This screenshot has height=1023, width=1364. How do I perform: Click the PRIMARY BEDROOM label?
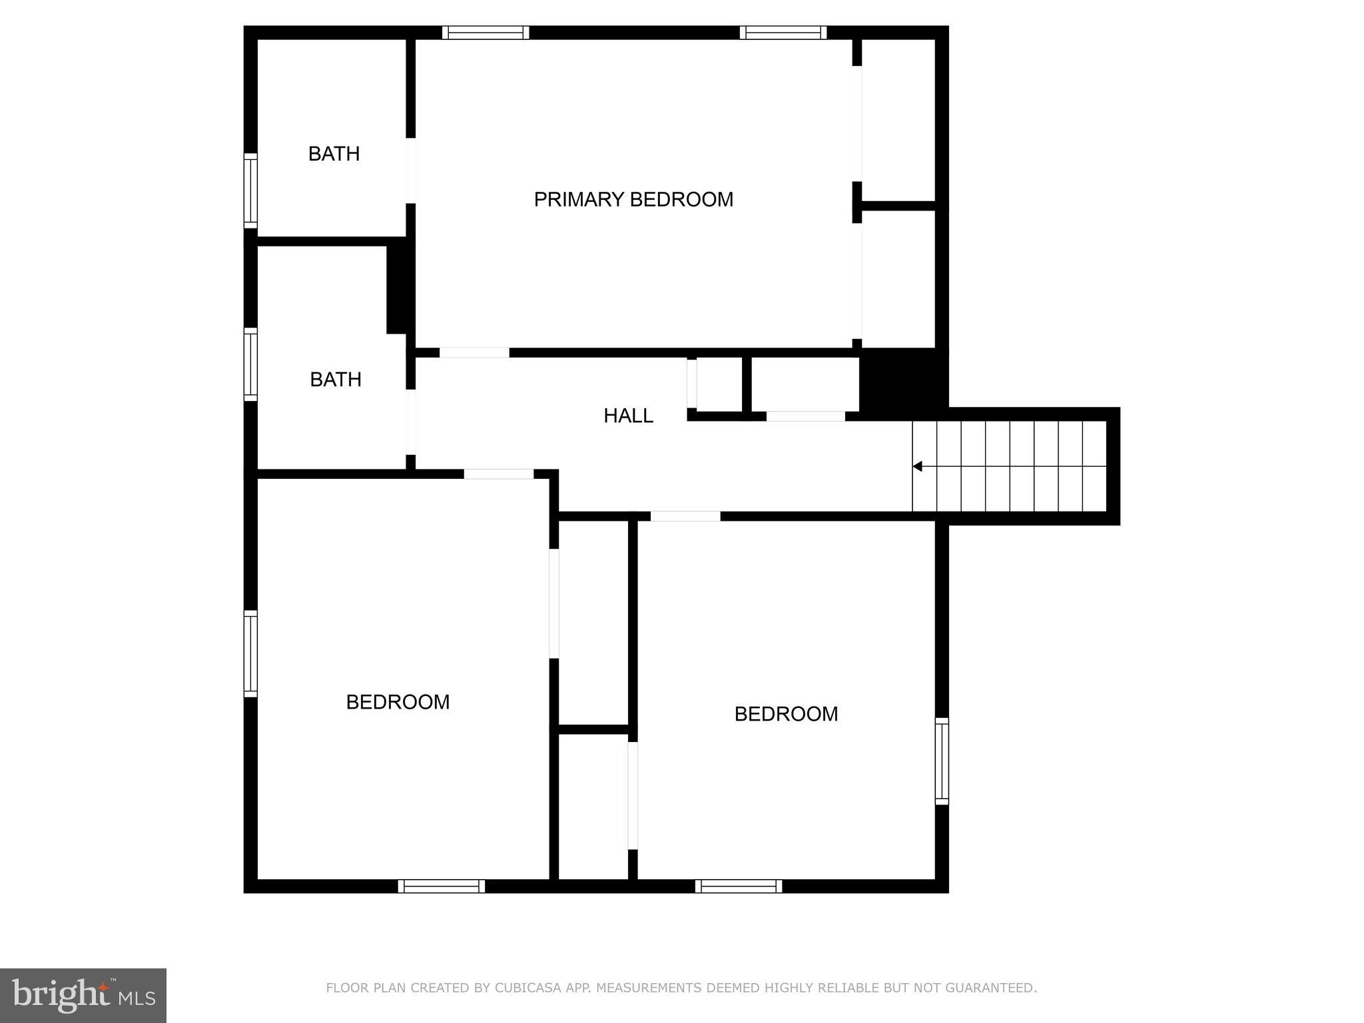pos(633,199)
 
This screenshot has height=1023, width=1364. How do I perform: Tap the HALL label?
pos(628,416)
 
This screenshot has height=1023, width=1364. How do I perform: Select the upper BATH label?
pos(334,154)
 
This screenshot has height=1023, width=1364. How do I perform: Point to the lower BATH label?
pos(336,380)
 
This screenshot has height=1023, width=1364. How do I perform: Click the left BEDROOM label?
pos(398,702)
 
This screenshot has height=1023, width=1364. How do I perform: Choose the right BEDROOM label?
pos(786,714)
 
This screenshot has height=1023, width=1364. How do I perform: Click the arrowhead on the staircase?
pos(917,467)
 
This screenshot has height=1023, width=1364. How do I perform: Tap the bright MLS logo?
pos(83,996)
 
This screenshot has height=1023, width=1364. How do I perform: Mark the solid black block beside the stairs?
pos(902,381)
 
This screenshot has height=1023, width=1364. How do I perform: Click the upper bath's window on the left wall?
pos(250,190)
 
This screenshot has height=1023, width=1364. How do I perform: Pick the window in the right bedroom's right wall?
pos(942,761)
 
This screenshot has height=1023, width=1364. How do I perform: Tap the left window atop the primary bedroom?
pos(486,33)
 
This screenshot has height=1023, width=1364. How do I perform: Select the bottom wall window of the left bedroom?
pos(442,886)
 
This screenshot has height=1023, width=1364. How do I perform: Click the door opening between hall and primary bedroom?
pos(474,352)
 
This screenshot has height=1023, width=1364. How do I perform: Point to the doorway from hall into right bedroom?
pos(685,516)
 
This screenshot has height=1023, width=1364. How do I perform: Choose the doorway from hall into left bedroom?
pos(499,474)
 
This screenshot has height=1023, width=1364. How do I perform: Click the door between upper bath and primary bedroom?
pos(411,170)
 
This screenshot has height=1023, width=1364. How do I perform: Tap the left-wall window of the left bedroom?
pos(250,653)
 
